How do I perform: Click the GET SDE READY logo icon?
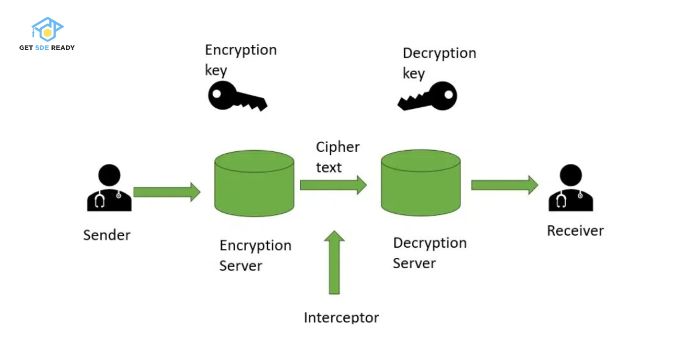coord(47,30)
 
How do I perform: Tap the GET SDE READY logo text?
coord(47,48)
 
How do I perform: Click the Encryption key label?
coord(240,60)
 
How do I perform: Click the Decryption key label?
coord(439,63)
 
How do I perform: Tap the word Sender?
coord(107,235)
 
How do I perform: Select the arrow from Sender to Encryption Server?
coord(167,192)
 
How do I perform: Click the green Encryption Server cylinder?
coord(255,183)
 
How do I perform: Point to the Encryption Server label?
coord(255,256)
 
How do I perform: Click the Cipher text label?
coord(337,156)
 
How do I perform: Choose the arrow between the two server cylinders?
coord(333,185)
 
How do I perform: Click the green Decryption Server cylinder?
coord(421,183)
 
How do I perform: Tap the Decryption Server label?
coord(429,253)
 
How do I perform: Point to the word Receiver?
coord(575,231)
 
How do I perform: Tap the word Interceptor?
coord(341,317)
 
